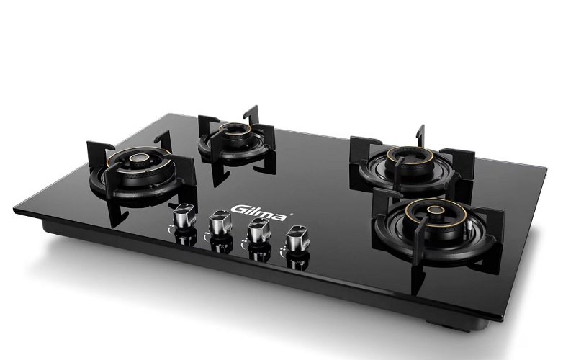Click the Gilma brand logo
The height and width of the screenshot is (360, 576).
(258, 212)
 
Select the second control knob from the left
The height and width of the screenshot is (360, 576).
(220, 222)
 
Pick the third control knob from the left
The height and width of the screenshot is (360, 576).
(258, 230)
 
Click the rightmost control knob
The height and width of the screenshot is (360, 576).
(297, 238)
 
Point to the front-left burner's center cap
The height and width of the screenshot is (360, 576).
(139, 158)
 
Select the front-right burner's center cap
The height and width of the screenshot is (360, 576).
(436, 210)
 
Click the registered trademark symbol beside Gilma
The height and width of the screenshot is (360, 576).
(292, 213)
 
